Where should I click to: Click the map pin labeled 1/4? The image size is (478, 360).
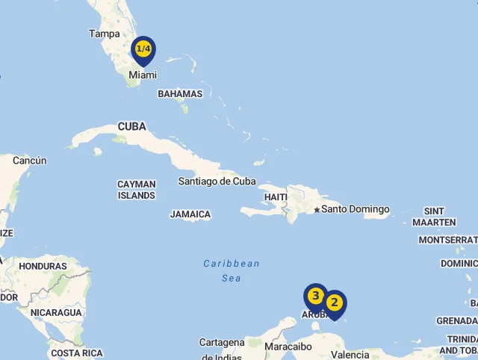coord(143,49)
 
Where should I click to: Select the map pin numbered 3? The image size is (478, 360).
coord(316,297)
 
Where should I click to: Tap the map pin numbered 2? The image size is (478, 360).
coord(334,302)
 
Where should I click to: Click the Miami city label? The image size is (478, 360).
coord(143,75)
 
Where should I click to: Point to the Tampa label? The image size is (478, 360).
coord(104,34)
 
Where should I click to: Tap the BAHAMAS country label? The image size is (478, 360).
coord(180,94)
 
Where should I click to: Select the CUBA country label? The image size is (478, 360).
coord(131,127)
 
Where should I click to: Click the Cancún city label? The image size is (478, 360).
coord(29,161)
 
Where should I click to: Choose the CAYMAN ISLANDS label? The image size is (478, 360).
coord(137,190)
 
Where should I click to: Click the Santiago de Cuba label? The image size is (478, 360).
coord(217,181)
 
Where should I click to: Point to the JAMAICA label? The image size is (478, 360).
coord(190,214)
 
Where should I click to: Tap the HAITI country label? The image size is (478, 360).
coord(275,197)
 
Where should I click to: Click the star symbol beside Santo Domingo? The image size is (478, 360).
coord(317,210)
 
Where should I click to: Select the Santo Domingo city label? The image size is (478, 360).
coord(356,209)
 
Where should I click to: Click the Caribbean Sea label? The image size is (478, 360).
coord(232,270)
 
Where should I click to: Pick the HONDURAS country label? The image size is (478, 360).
coord(43,266)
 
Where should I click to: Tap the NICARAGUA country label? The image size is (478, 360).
coord(56,312)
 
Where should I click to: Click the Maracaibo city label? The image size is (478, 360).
coord(288,347)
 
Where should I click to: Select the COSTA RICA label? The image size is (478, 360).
coord(76,353)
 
